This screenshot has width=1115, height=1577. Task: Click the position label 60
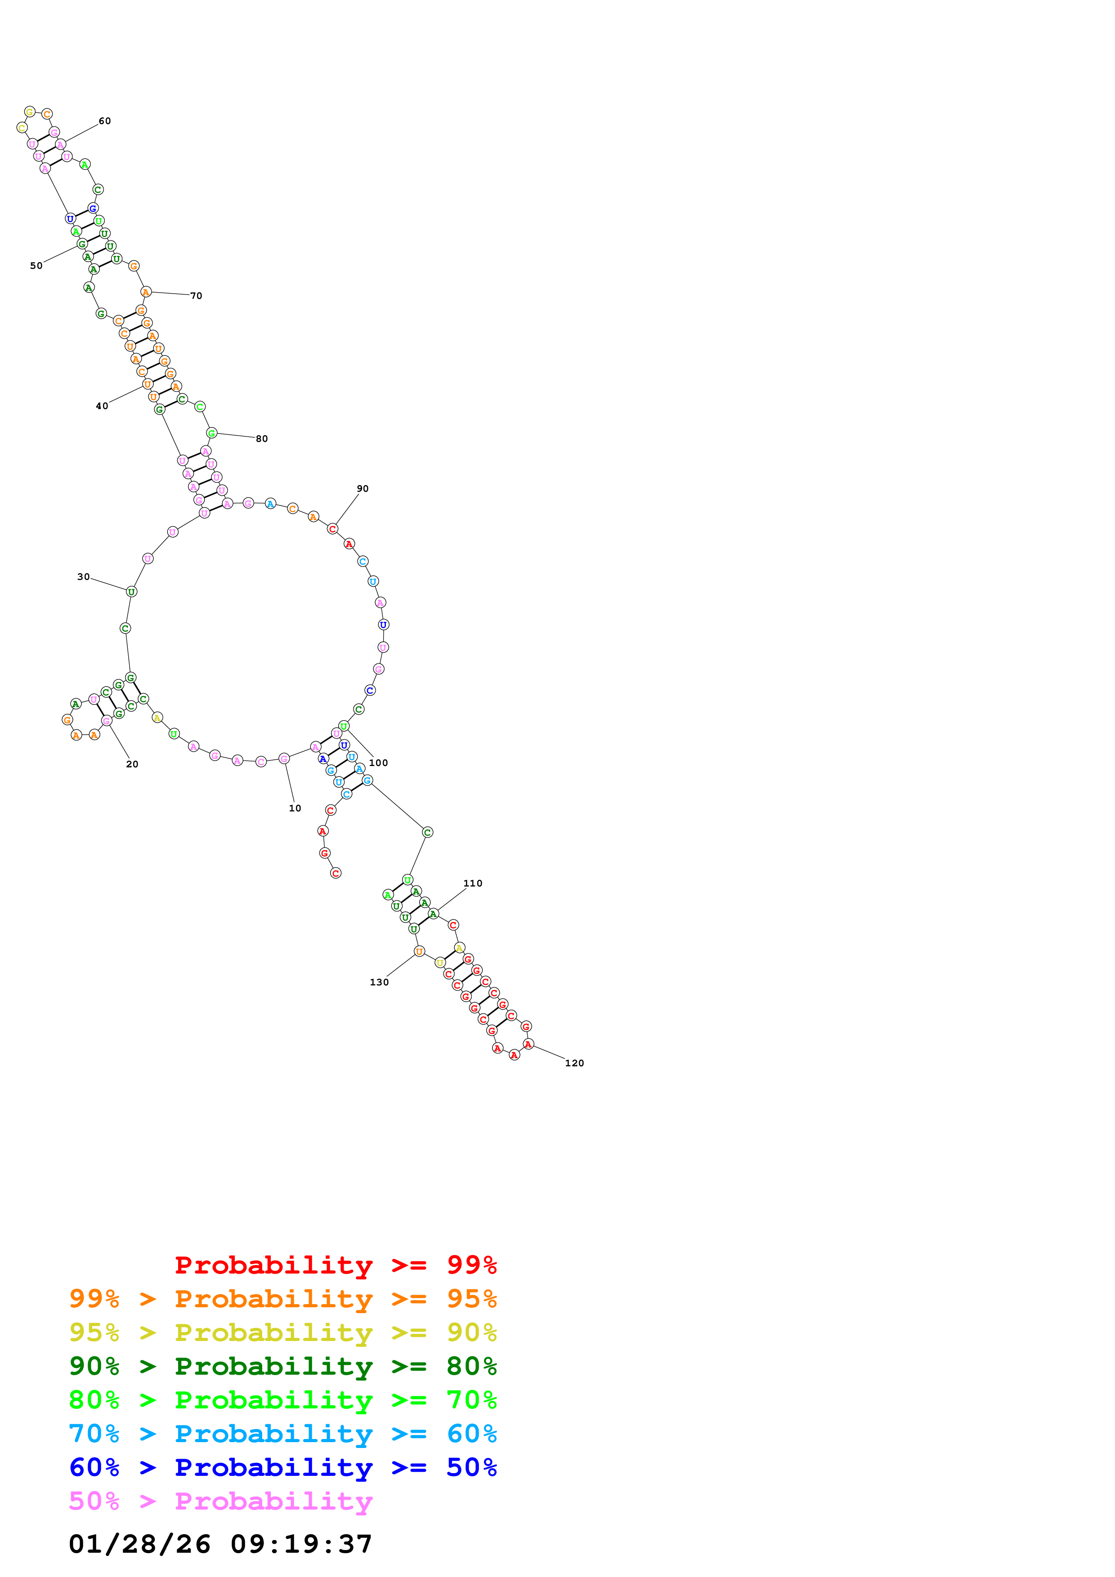[x=104, y=121]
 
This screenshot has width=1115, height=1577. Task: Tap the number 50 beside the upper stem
[x=36, y=266]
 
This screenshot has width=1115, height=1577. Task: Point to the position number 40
[x=102, y=406]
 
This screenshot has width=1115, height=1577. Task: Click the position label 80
[x=262, y=439]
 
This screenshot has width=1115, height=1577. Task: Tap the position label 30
[x=83, y=577]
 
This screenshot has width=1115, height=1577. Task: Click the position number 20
[x=132, y=764]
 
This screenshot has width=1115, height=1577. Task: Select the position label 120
[x=574, y=1063]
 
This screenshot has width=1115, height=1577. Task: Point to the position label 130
[x=379, y=982]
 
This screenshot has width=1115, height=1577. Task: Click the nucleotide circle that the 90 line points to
[x=332, y=529]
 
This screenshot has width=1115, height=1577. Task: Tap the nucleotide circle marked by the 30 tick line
[x=131, y=592]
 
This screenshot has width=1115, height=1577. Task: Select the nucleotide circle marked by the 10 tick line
[x=284, y=758]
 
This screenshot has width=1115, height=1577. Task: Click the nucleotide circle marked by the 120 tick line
[x=528, y=1044]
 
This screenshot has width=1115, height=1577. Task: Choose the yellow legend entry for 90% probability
[x=283, y=1332]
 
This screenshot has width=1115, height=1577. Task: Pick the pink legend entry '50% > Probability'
[x=220, y=1501]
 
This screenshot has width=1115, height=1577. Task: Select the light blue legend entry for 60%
[x=283, y=1434]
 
